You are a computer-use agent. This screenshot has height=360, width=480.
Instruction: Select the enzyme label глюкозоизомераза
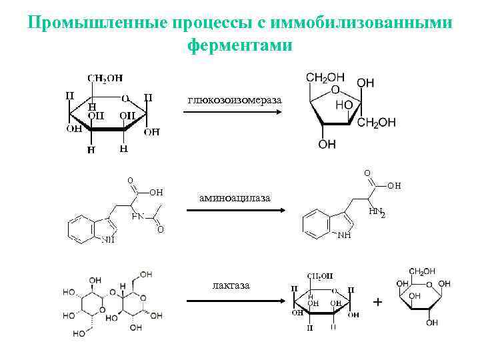234,100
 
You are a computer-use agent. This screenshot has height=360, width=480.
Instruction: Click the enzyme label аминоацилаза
235,198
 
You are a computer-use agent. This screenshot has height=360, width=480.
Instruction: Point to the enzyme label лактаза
231,285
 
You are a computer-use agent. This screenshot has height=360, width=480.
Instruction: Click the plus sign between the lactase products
378,303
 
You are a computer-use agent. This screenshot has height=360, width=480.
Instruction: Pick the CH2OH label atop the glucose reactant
107,78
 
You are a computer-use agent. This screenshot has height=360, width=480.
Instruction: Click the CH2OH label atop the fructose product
326,77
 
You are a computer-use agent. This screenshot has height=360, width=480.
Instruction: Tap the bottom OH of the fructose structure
327,145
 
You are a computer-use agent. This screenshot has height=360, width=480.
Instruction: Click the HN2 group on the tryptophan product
377,212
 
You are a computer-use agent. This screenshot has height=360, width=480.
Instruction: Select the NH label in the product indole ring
345,235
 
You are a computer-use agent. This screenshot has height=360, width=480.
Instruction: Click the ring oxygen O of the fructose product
335,90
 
